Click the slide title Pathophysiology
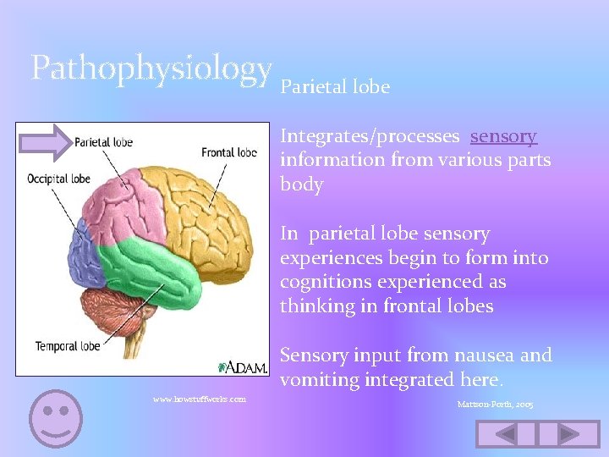pyautogui.click(x=151, y=69)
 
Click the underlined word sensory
pyautogui.click(x=503, y=136)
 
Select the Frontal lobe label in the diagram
pyautogui.click(x=229, y=153)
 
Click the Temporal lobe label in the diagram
pyautogui.click(x=68, y=345)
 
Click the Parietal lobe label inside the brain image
pyautogui.click(x=104, y=142)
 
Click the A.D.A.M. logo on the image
pyautogui.click(x=244, y=366)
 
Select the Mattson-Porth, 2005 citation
pyautogui.click(x=495, y=405)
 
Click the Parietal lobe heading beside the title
pyautogui.click(x=335, y=87)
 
